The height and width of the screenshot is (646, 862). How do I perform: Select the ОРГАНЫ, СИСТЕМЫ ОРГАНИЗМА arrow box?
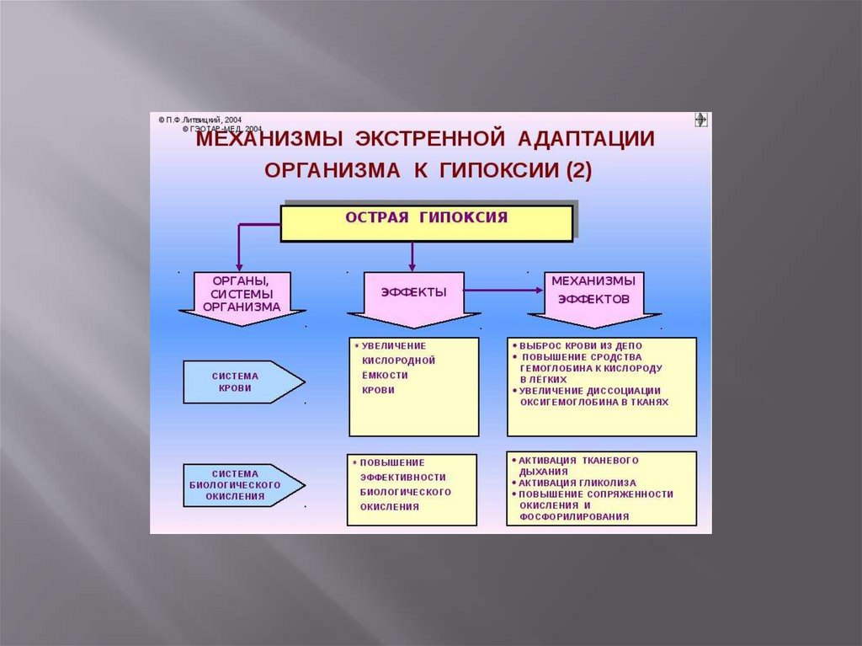coord(242,295)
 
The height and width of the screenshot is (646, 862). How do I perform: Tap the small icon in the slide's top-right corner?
coord(700,120)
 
